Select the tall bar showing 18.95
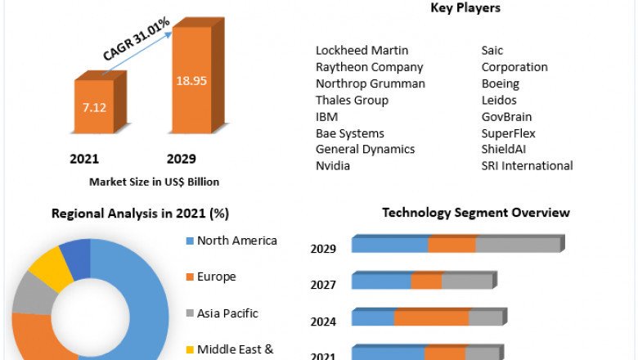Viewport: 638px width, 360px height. tap(191, 82)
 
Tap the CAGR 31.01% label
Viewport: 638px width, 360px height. tap(137, 38)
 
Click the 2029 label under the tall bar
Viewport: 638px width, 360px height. tap(181, 158)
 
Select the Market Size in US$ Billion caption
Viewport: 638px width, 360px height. tap(154, 182)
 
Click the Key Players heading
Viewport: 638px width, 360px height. tap(465, 8)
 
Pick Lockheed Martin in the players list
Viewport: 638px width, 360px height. tap(362, 51)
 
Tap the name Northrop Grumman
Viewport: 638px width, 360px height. tap(371, 83)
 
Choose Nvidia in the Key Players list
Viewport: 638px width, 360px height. tap(333, 165)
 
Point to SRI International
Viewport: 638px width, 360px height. tap(527, 165)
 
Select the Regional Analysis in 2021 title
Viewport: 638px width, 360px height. tap(140, 214)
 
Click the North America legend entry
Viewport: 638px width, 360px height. tap(236, 241)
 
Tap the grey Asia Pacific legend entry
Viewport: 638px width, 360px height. tap(227, 313)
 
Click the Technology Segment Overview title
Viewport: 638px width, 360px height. tap(476, 213)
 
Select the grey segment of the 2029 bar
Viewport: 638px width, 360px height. tap(517, 245)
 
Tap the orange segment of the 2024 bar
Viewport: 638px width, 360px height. tap(431, 317)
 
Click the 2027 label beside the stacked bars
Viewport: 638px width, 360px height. tap(323, 285)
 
